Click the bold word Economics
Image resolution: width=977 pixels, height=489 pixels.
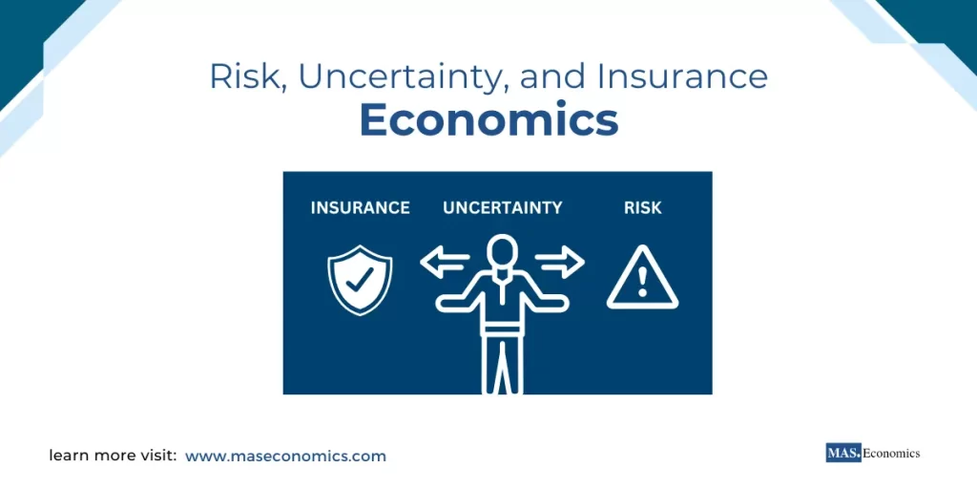coord(488,121)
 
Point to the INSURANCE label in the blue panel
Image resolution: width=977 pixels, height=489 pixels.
coord(361,207)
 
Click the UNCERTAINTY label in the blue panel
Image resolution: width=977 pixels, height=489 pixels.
coord(502,207)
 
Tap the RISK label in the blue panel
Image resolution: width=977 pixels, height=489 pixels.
coord(642,207)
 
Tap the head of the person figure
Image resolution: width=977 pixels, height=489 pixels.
coord(502,252)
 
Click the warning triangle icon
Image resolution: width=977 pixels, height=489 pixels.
coord(642,278)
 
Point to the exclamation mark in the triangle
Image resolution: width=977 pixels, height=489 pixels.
coord(642,282)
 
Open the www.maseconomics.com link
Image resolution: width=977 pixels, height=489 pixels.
coord(286,457)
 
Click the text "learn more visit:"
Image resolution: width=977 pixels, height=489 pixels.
coord(113,457)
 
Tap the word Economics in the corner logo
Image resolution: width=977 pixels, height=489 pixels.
coord(891,454)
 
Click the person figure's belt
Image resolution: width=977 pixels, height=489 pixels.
coord(502,329)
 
